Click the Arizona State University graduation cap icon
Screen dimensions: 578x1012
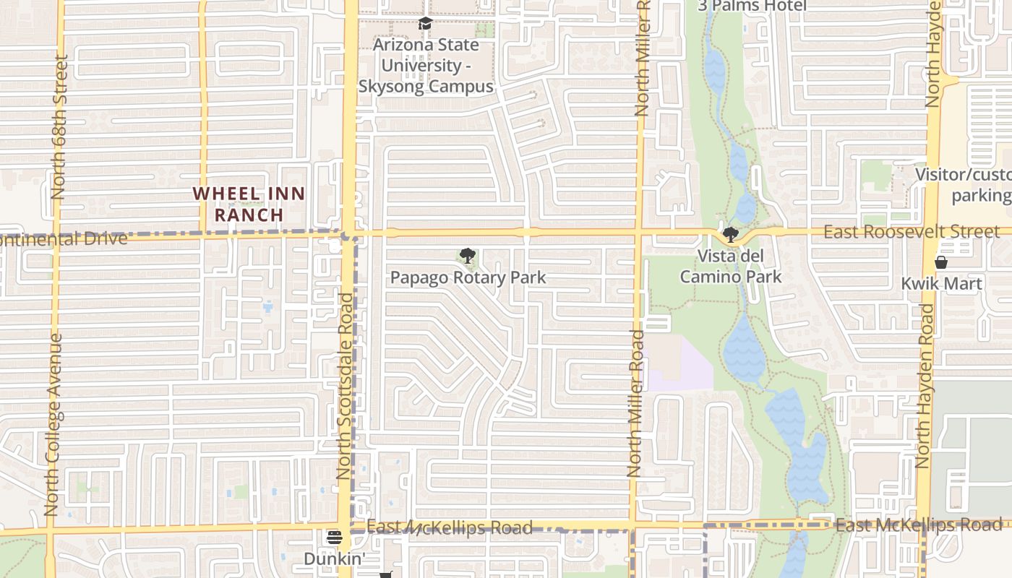point(425,24)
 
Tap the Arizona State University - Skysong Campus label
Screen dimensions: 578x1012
point(426,66)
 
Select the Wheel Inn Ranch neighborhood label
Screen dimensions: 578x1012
point(249,204)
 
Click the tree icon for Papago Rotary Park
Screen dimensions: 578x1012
point(468,256)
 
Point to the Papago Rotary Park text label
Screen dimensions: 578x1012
point(468,277)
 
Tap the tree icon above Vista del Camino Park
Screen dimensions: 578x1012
point(731,235)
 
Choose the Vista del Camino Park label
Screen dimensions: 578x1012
point(731,267)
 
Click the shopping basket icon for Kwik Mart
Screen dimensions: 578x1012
point(941,262)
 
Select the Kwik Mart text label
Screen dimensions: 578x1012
point(941,284)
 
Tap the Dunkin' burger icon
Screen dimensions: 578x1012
point(334,538)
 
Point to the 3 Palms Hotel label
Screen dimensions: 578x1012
point(752,6)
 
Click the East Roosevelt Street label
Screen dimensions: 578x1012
point(912,232)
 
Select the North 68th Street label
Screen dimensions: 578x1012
point(59,127)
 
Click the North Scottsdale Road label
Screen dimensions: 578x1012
point(345,386)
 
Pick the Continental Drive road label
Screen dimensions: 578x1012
point(64,238)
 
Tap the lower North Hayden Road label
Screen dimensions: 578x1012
point(923,386)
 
